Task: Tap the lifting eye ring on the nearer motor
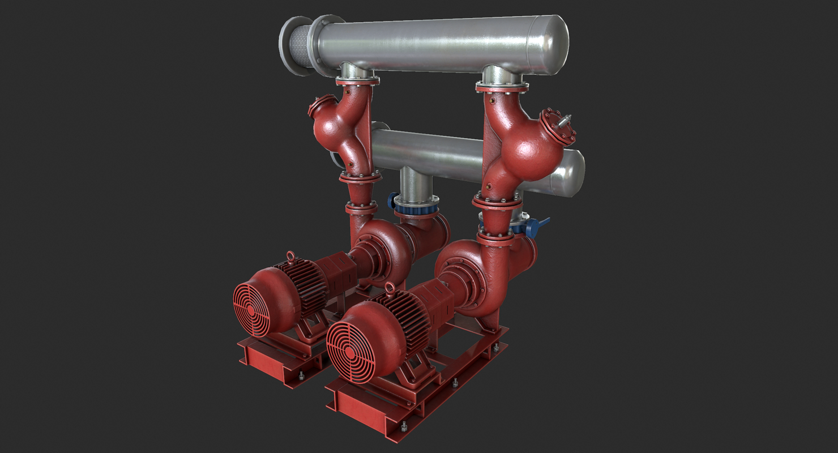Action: tap(390, 289)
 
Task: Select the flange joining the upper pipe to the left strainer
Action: tap(357, 82)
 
